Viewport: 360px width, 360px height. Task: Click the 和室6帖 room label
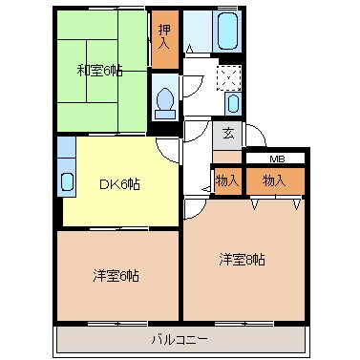(99, 70)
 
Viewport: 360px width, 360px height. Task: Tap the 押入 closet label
(164, 38)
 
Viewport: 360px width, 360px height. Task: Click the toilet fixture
(165, 99)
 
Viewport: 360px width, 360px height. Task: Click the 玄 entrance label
(228, 135)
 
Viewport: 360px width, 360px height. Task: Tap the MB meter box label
(275, 158)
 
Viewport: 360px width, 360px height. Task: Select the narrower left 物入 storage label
(226, 180)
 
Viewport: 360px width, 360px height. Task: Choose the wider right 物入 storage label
(274, 180)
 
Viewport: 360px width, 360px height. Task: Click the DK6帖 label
(120, 184)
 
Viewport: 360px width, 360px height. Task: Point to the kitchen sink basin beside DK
(66, 181)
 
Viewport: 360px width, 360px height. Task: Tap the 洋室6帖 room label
(116, 276)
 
